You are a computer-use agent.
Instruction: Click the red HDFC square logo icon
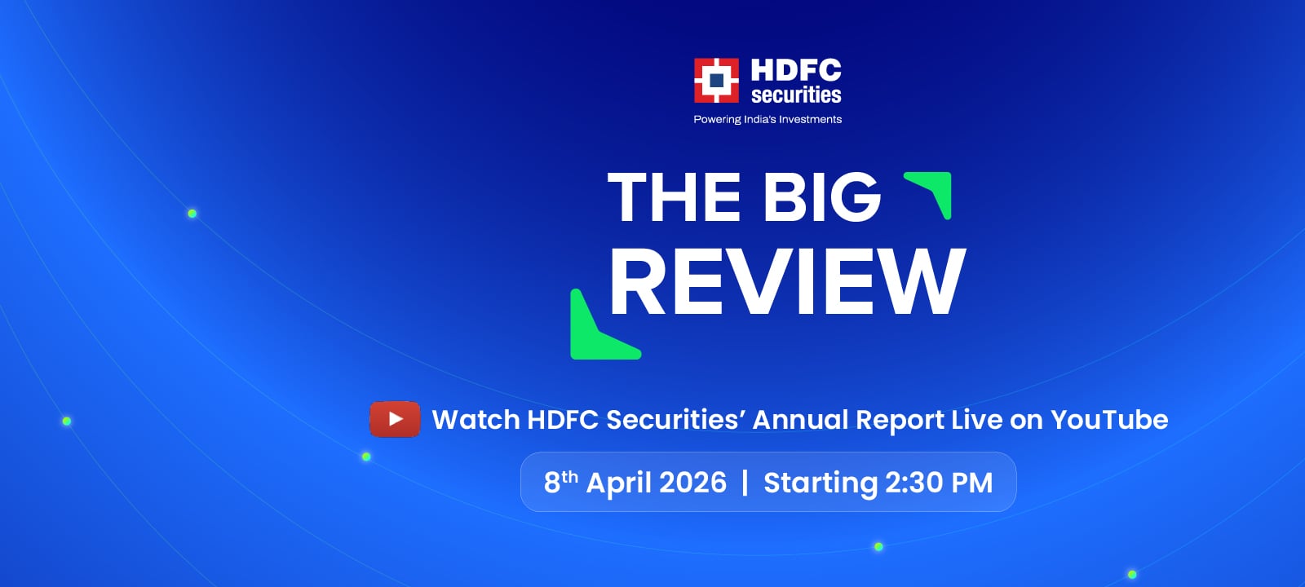(716, 81)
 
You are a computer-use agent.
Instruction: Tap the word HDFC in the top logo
(796, 70)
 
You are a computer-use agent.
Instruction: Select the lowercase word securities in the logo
(796, 95)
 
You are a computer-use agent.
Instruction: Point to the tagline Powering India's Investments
(768, 119)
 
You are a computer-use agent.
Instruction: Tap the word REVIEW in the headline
(788, 281)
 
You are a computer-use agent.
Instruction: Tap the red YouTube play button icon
(395, 419)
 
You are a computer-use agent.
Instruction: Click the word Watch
(476, 420)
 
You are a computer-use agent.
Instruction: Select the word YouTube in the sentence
(1109, 420)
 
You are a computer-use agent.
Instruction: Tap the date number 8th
(560, 482)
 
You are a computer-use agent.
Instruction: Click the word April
(619, 483)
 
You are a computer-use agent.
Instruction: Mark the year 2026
(692, 482)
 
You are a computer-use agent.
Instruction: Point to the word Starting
(821, 483)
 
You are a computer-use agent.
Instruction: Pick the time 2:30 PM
(939, 482)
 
